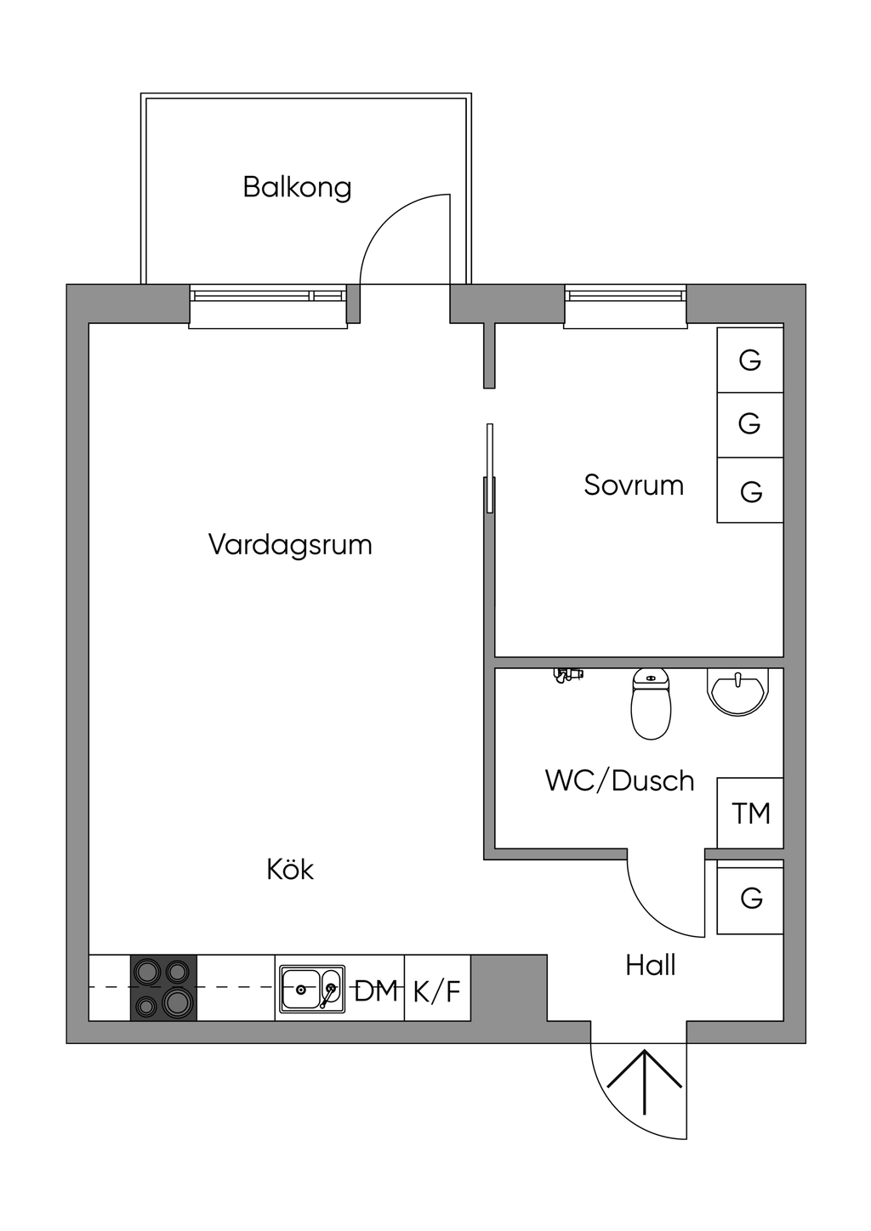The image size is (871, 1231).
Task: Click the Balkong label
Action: (297, 187)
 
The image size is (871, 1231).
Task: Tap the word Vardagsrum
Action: (290, 544)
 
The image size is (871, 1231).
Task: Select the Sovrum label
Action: (634, 485)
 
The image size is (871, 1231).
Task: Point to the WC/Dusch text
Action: (619, 780)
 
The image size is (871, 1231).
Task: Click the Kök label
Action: (290, 869)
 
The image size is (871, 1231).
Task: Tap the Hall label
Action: (651, 965)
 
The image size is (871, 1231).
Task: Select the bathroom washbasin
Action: (737, 690)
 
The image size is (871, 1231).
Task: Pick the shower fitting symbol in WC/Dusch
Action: (567, 674)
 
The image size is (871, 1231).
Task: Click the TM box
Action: (750, 813)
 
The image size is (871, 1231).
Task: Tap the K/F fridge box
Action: (436, 990)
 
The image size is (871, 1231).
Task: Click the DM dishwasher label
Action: (376, 990)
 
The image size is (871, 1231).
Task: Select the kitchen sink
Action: (310, 989)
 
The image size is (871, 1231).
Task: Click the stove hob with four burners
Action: (163, 988)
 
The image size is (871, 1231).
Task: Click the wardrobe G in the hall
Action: (750, 898)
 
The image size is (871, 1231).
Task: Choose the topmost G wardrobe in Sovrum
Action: (749, 360)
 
